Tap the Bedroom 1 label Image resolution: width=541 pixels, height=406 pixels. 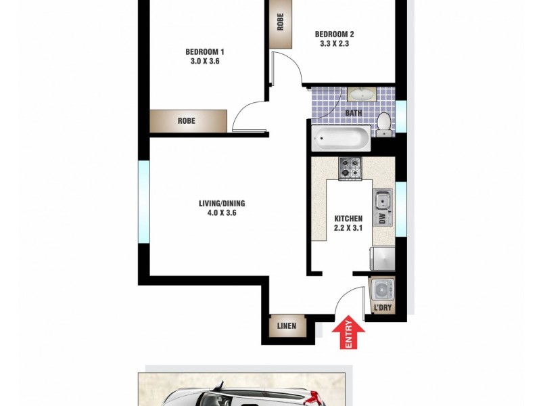tap(204, 51)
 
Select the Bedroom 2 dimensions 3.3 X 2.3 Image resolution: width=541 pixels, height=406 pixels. tap(334, 45)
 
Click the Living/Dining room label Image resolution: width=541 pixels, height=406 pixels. tap(222, 204)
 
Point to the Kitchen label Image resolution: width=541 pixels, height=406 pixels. tap(349, 219)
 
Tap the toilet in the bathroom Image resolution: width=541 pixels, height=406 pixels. tap(383, 122)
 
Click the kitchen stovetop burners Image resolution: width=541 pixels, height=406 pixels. tap(350, 168)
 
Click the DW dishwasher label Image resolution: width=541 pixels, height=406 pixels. tap(382, 219)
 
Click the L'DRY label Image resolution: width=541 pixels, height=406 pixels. tap(382, 309)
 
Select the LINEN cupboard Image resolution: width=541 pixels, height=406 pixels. tap(287, 326)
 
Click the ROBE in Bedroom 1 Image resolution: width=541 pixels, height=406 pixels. tap(188, 121)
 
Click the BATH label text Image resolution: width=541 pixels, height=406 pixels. tap(353, 113)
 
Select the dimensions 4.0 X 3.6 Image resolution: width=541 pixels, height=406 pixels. tap(222, 213)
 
